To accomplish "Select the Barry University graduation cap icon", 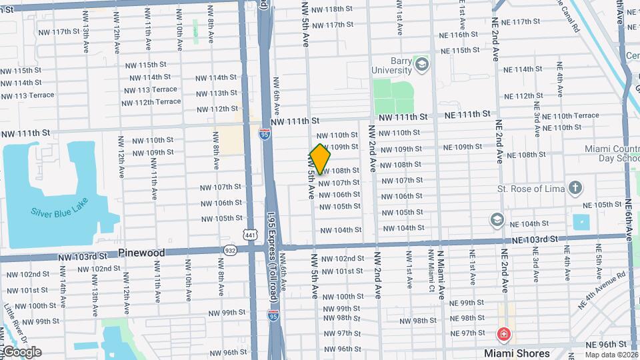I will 421,65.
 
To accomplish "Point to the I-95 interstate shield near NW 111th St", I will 265,135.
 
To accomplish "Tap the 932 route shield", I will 230,250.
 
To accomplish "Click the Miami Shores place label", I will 517,353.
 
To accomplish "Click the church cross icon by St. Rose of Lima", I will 575,189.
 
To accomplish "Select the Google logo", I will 21,352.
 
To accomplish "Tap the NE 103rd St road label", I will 535,239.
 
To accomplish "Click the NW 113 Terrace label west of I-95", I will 151,89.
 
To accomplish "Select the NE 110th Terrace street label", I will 571,115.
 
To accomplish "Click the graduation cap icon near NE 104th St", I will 497,219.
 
